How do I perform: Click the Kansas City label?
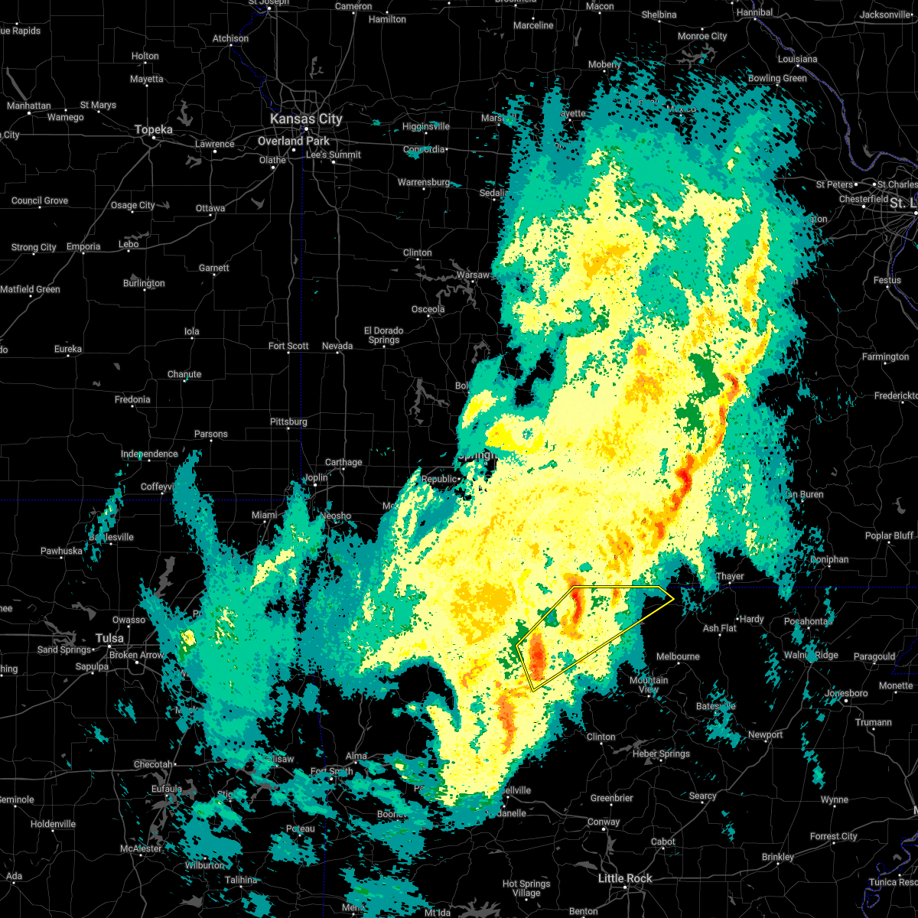coord(306,119)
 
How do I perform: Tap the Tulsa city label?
coord(109,638)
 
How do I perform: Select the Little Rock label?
coord(624,878)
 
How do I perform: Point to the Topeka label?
coord(154,130)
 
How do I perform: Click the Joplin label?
coord(316,477)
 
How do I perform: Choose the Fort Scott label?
coord(288,346)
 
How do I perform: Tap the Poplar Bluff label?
coord(889,535)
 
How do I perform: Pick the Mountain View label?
coord(649,685)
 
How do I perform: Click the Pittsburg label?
coord(288,422)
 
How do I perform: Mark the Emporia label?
coord(83,246)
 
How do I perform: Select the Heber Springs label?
coord(661,754)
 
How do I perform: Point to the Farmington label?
coord(885,356)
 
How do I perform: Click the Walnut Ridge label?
coord(810,655)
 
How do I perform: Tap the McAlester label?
coord(141,848)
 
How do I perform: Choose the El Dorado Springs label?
coord(383,335)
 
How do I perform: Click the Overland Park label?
coord(294,142)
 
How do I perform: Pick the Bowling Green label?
coord(777,78)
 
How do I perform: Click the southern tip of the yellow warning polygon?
coord(533,691)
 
